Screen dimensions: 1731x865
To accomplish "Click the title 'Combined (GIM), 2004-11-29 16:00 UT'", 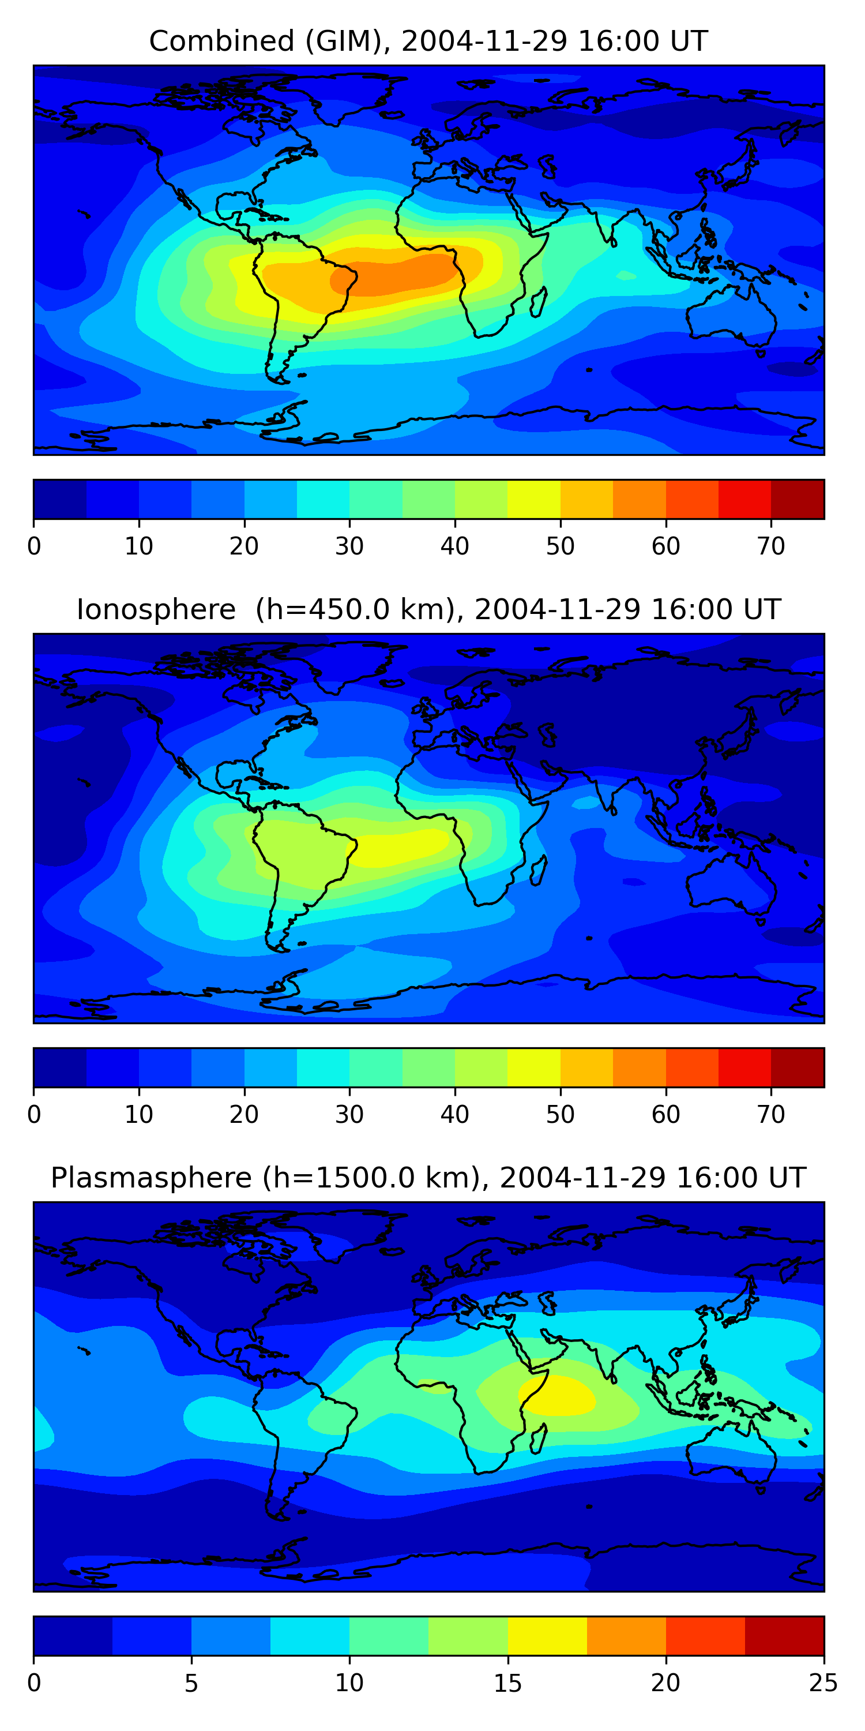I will (428, 42).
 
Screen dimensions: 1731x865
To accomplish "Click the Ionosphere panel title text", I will (428, 609).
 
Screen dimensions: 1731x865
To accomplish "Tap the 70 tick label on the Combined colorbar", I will (771, 546).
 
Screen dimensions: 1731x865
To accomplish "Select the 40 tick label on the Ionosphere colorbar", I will (454, 1114).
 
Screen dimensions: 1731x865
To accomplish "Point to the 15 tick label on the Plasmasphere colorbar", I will (507, 1683).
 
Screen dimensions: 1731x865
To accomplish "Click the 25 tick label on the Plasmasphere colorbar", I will (823, 1683).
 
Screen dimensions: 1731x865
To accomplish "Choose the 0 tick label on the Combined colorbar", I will (34, 546).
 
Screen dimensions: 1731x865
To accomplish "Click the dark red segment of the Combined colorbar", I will (797, 499).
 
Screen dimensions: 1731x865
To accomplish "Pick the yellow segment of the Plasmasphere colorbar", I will (547, 1636).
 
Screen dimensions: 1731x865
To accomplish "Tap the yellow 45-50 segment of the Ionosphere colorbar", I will (534, 1067).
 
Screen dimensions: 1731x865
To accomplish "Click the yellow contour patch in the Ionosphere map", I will (403, 845).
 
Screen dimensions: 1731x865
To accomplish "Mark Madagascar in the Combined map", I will (538, 302).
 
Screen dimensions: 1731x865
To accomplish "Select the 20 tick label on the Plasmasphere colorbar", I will (665, 1683).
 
